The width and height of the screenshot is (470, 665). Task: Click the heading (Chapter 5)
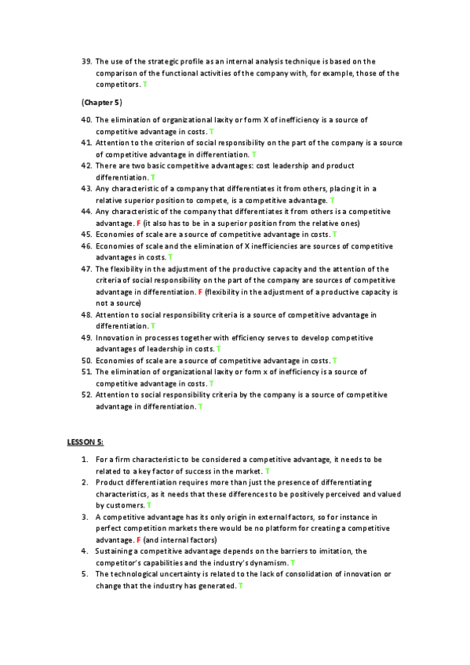pos(101,103)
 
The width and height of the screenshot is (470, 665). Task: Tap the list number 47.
pos(86,268)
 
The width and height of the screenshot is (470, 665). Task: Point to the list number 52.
pos(86,394)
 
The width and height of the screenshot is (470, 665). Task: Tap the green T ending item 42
pos(152,177)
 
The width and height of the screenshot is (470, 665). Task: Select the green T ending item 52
pos(200,406)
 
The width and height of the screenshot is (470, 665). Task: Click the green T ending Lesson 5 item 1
pos(268,471)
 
